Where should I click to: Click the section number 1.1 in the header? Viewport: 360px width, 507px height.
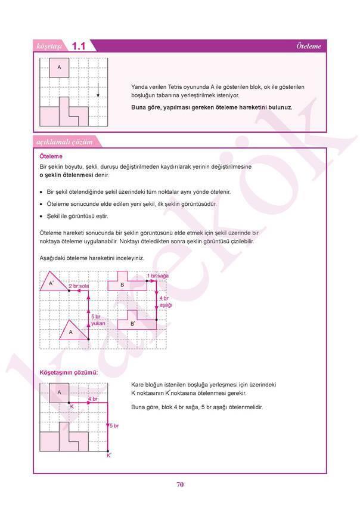pyautogui.click(x=79, y=46)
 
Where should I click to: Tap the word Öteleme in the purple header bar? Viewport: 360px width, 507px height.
pyautogui.click(x=309, y=46)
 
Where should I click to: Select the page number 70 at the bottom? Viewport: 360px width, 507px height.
pyautogui.click(x=179, y=484)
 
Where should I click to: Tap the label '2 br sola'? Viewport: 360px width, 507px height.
pyautogui.click(x=79, y=287)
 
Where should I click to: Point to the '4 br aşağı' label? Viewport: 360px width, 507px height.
pyautogui.click(x=165, y=301)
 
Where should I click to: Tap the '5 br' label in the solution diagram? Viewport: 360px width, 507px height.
pyautogui.click(x=113, y=425)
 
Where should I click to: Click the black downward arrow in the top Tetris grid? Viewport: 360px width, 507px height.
pyautogui.click(x=98, y=90)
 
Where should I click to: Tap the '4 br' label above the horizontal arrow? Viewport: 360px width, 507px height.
pyautogui.click(x=92, y=398)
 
